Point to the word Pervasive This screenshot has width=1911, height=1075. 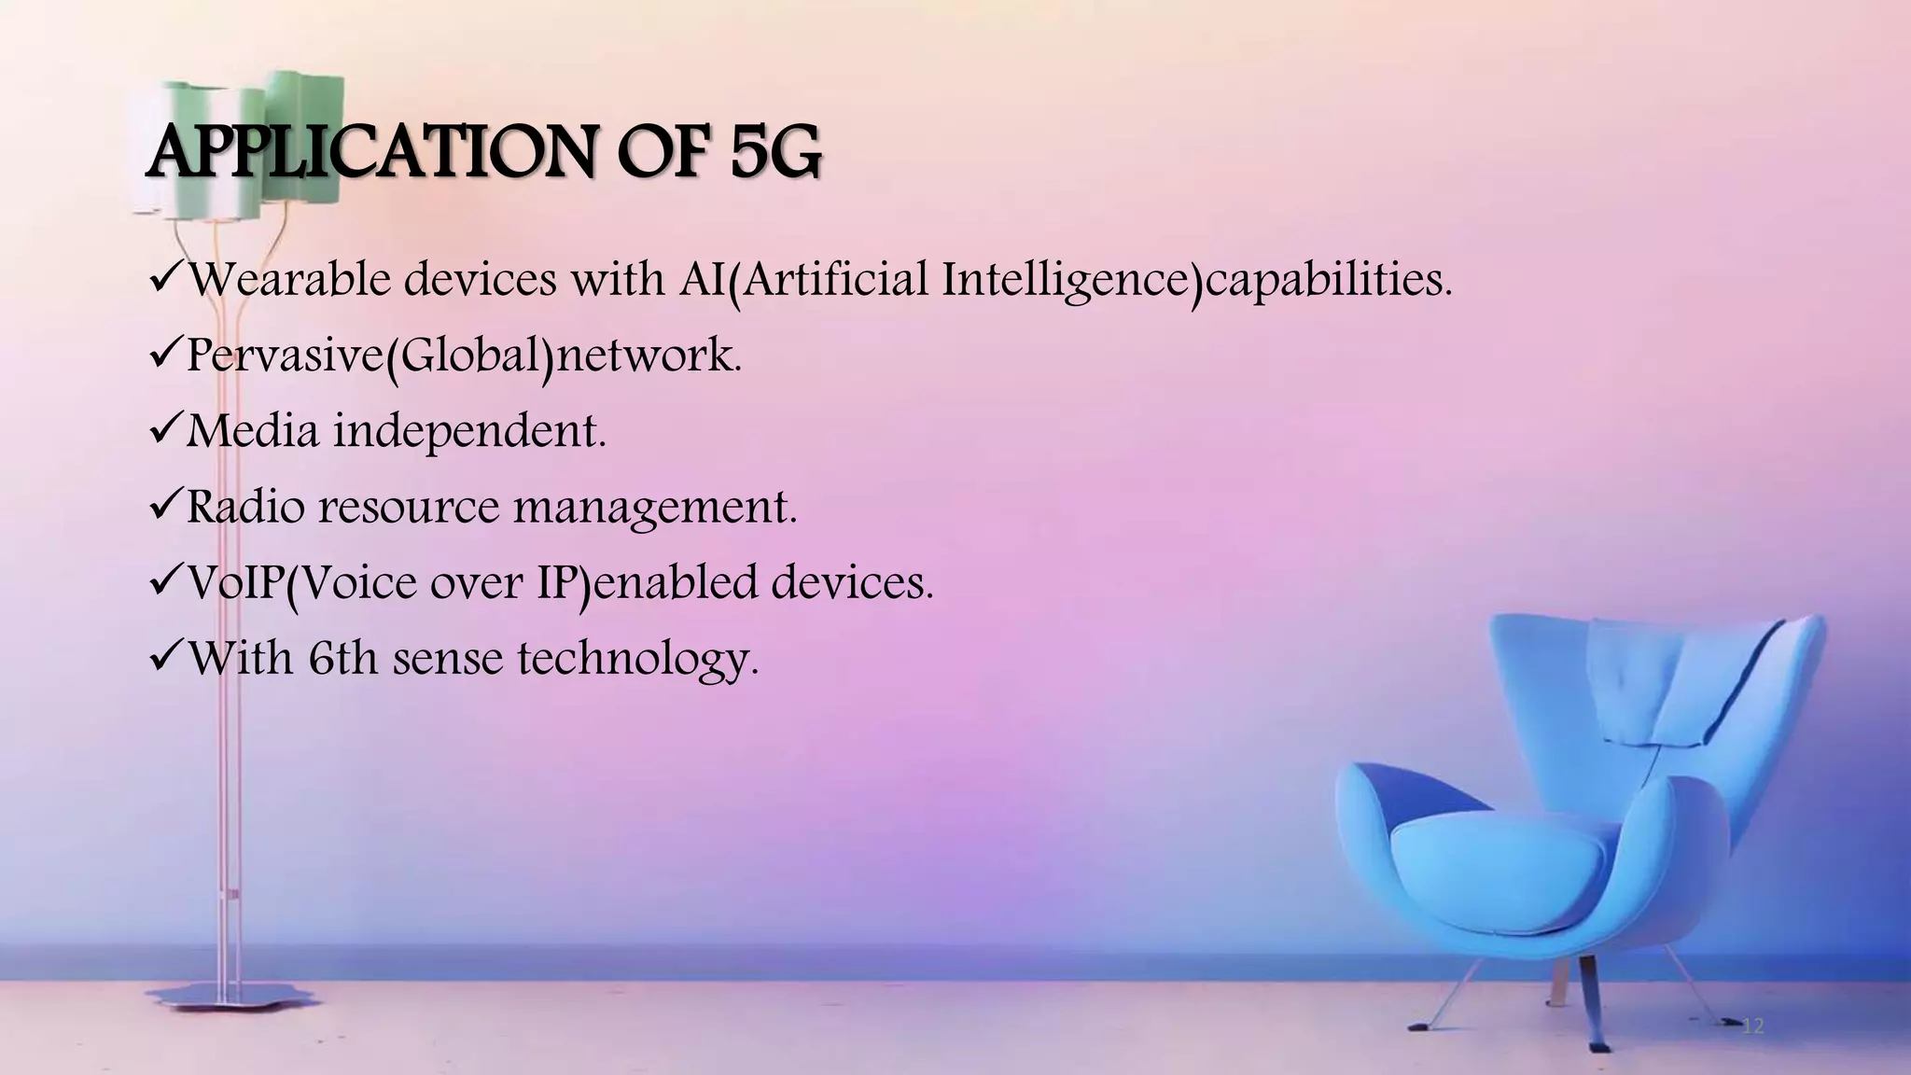(286, 356)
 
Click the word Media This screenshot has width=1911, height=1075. (251, 431)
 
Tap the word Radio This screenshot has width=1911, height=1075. (244, 507)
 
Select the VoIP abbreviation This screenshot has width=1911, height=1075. (235, 583)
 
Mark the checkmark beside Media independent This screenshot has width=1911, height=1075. (165, 430)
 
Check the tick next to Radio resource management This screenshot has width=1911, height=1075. (165, 506)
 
